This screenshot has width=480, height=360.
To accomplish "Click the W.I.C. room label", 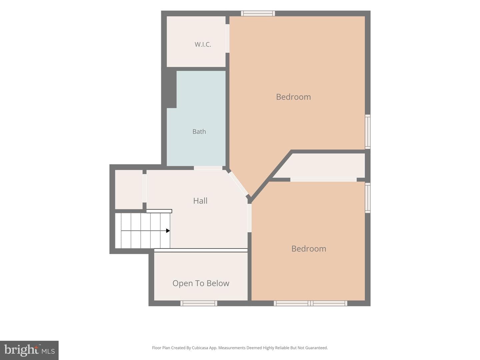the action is tap(203, 45).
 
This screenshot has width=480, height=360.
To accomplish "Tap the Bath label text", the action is tap(199, 132).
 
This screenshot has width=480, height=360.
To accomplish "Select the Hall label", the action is tap(200, 201).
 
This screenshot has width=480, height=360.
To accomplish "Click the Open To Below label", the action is tap(201, 283).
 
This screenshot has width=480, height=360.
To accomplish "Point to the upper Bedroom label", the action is tap(293, 97).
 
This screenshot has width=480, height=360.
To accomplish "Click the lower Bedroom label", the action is tap(309, 249).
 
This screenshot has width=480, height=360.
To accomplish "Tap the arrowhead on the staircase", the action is tap(168, 231).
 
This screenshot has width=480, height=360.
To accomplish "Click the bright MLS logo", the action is tap(29, 350).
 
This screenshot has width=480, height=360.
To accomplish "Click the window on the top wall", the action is tap(258, 13).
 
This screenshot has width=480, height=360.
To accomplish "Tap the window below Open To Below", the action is tap(199, 303).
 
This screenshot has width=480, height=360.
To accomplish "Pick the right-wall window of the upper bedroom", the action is tap(368, 132).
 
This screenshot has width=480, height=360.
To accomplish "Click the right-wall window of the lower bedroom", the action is tap(368, 198).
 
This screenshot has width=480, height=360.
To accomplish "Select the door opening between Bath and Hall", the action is tap(208, 168).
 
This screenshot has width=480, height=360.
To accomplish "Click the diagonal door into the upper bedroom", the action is tap(239, 184).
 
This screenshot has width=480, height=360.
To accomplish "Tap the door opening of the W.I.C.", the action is tap(227, 38).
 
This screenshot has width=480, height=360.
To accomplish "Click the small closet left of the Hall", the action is tap(129, 189).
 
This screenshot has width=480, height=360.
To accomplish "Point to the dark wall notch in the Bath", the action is tap(172, 89).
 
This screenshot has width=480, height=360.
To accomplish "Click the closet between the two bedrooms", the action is tap(319, 165).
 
